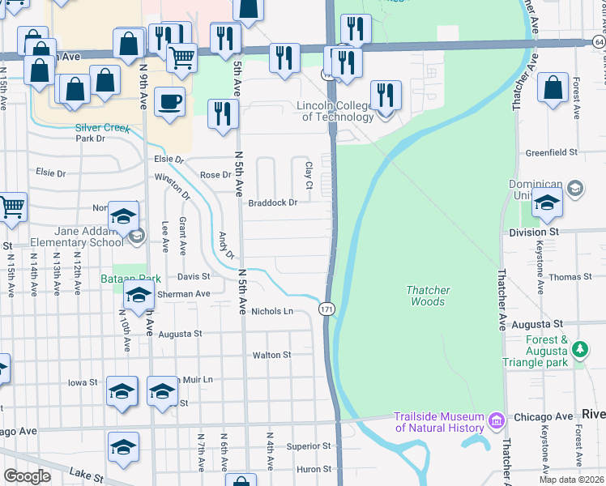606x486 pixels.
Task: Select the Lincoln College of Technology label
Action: coord(335,111)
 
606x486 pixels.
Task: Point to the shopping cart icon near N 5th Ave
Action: coord(181,57)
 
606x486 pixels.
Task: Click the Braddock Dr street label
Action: coord(272,203)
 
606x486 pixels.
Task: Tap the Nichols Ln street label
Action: coord(271,311)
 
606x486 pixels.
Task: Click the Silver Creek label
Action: coord(102,127)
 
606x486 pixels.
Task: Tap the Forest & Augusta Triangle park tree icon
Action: coord(579,349)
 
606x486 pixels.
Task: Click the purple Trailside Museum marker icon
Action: coord(497,421)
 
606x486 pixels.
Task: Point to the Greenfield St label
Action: coord(550,151)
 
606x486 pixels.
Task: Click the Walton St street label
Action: coord(271,355)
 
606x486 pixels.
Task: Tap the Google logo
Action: coord(27,476)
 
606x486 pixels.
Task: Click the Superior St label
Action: coord(309,446)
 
